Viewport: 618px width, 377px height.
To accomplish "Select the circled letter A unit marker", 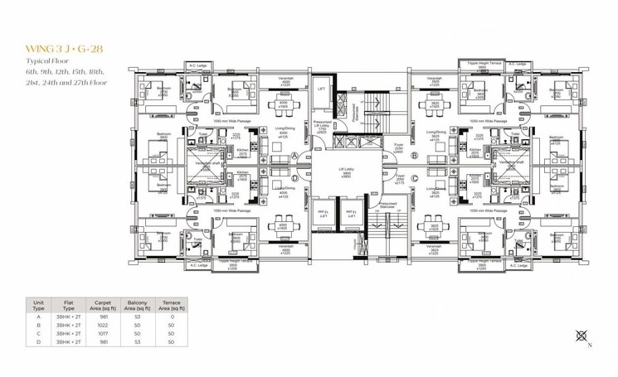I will (295, 156).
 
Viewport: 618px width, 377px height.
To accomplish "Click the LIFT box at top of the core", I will (322, 88).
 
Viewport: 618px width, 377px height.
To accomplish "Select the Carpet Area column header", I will (104, 306).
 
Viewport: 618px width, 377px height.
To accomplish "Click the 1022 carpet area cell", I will (104, 326).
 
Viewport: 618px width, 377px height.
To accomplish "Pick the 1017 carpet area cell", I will (104, 333).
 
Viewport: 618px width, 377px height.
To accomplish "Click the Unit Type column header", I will (38, 306).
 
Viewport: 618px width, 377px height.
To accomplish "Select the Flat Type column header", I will (70, 306).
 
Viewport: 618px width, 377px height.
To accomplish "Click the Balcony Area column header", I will (139, 306).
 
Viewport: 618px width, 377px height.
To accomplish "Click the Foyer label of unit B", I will (397, 146).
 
